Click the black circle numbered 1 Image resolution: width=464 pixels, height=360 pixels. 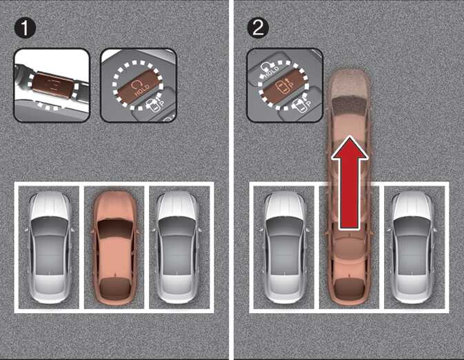point(25,28)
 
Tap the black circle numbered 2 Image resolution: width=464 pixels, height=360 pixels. point(258,28)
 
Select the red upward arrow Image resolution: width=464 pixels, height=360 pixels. point(350,183)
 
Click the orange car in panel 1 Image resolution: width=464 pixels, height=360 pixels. point(115,248)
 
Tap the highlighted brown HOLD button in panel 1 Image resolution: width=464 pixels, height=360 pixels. point(138,86)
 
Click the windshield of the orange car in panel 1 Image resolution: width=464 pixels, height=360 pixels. point(115,228)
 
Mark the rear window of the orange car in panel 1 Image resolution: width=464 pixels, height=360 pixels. point(115,286)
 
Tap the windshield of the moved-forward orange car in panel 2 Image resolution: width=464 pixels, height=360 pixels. point(350,105)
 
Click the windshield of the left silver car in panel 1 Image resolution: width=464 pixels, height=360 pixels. point(50,226)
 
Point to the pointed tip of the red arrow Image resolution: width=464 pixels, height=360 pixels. point(350,136)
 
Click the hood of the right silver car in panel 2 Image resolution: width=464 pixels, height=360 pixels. point(412,205)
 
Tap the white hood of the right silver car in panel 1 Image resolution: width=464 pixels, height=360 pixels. point(178,205)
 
